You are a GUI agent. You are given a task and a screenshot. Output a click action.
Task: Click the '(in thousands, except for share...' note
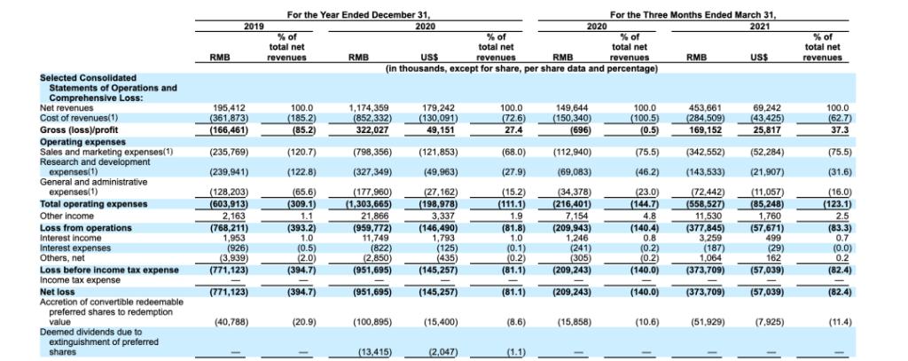[x=521, y=68]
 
